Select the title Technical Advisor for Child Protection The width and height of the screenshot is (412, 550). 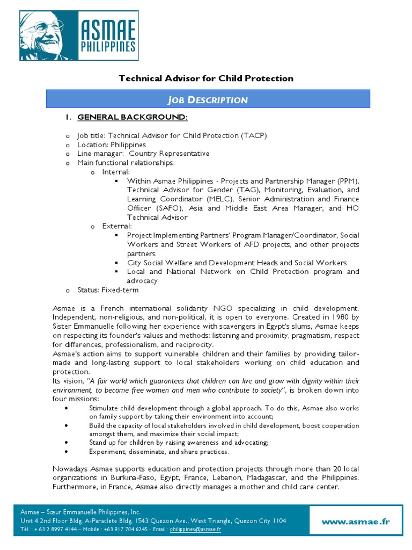coord(205,78)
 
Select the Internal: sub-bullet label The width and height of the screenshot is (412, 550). coord(116,172)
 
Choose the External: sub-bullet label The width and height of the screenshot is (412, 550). coord(117,226)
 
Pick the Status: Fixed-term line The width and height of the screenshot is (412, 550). coord(108,290)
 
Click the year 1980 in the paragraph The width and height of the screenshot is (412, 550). coord(339,317)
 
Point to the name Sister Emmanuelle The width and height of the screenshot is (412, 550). coord(88,327)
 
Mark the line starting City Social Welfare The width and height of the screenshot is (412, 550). coord(237,263)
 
